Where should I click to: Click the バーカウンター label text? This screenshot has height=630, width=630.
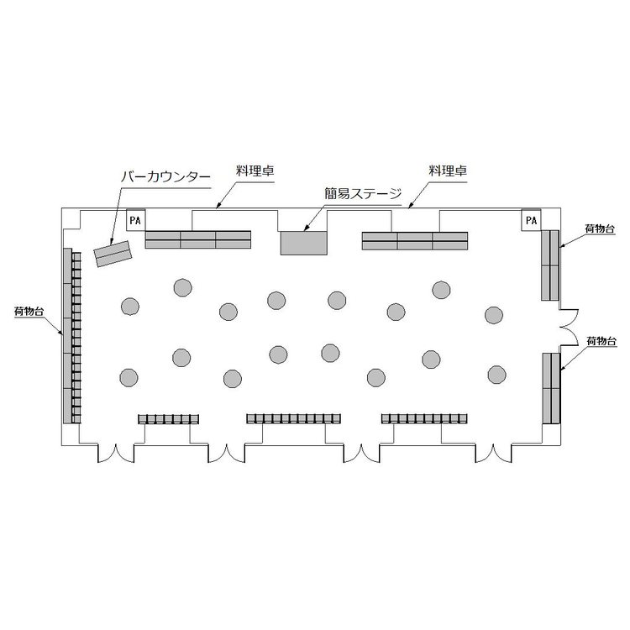tap(166, 177)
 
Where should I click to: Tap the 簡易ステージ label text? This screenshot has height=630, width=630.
tap(363, 194)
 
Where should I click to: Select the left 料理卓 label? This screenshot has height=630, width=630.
tap(255, 171)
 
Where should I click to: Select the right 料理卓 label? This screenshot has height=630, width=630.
tap(448, 171)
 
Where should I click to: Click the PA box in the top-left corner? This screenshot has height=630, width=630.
tap(136, 220)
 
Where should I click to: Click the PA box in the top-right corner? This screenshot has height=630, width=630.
tap(531, 220)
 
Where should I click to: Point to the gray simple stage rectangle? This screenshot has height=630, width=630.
tap(304, 243)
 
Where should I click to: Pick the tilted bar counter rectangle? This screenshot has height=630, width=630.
tap(113, 254)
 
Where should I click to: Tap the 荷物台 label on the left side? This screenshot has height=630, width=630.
tap(29, 312)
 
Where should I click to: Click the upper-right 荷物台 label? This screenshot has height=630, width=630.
tap(600, 229)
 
